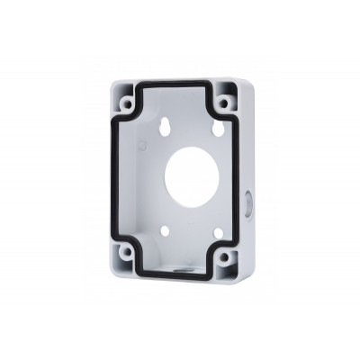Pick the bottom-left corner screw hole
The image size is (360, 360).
pos(126,255)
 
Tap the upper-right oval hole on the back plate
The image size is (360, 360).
pos(218,129)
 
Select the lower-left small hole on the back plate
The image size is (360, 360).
pos(166,230)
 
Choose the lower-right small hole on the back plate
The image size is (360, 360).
pos(217,233)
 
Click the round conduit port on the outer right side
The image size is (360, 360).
pos(248,205)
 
